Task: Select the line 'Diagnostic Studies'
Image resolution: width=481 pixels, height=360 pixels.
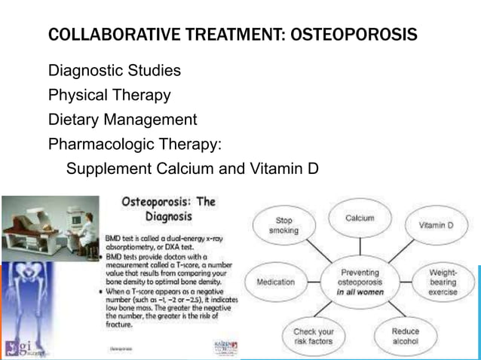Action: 115,72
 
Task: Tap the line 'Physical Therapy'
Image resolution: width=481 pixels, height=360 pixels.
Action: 109,96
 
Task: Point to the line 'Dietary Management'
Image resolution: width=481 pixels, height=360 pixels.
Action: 123,120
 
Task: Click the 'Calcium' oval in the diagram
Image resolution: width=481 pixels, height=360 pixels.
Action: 359,218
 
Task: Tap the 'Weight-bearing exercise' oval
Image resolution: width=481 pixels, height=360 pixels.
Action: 443,281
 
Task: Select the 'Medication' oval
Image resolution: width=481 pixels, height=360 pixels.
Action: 276,282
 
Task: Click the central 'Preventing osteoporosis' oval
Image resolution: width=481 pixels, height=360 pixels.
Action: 360,282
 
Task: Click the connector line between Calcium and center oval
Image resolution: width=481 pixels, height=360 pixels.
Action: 360,246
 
